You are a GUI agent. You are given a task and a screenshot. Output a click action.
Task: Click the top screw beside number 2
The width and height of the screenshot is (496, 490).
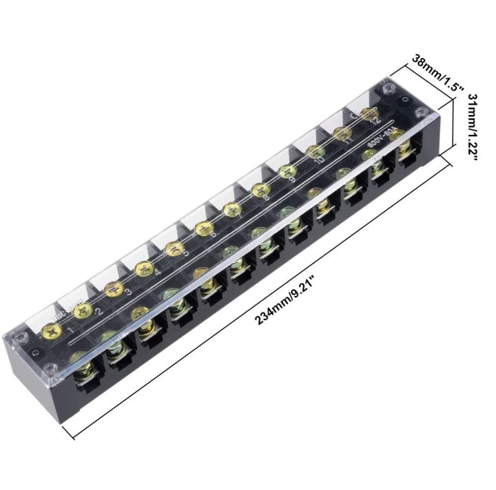pos(83,310)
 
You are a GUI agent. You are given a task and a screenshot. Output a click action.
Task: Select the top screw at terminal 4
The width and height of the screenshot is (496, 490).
pos(143,268)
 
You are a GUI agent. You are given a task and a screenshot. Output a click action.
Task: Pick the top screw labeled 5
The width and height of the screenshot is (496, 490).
pos(173,248)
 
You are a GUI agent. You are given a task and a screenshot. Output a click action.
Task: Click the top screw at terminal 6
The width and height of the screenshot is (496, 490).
pos(203,228)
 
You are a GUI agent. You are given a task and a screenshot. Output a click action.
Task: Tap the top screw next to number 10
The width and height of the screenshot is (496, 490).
pos(314,151)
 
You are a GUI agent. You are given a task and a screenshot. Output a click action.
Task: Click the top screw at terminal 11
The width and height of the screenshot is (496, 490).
pos(342,132)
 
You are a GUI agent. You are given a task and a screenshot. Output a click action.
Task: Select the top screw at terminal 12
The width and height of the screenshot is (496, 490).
pos(369,114)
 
